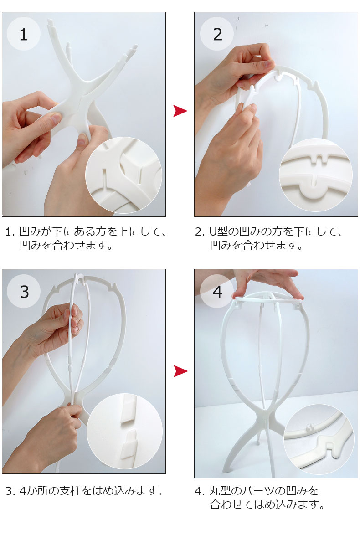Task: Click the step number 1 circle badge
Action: pyautogui.click(x=23, y=34)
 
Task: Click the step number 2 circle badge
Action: pyautogui.click(x=217, y=34)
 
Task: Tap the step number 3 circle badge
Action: pyautogui.click(x=24, y=291)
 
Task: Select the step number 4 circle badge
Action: pyautogui.click(x=217, y=291)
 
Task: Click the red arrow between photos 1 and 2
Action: pyautogui.click(x=180, y=111)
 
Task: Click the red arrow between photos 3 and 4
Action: pyautogui.click(x=180, y=371)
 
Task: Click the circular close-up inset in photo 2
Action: pyautogui.click(x=315, y=175)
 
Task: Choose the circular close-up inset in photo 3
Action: pyautogui.click(x=124, y=431)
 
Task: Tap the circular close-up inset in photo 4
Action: pyautogui.click(x=319, y=439)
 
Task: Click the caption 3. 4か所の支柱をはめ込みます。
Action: pyautogui.click(x=85, y=490)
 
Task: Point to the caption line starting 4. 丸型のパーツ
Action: pyautogui.click(x=257, y=490)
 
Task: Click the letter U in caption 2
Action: pyautogui.click(x=213, y=232)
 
